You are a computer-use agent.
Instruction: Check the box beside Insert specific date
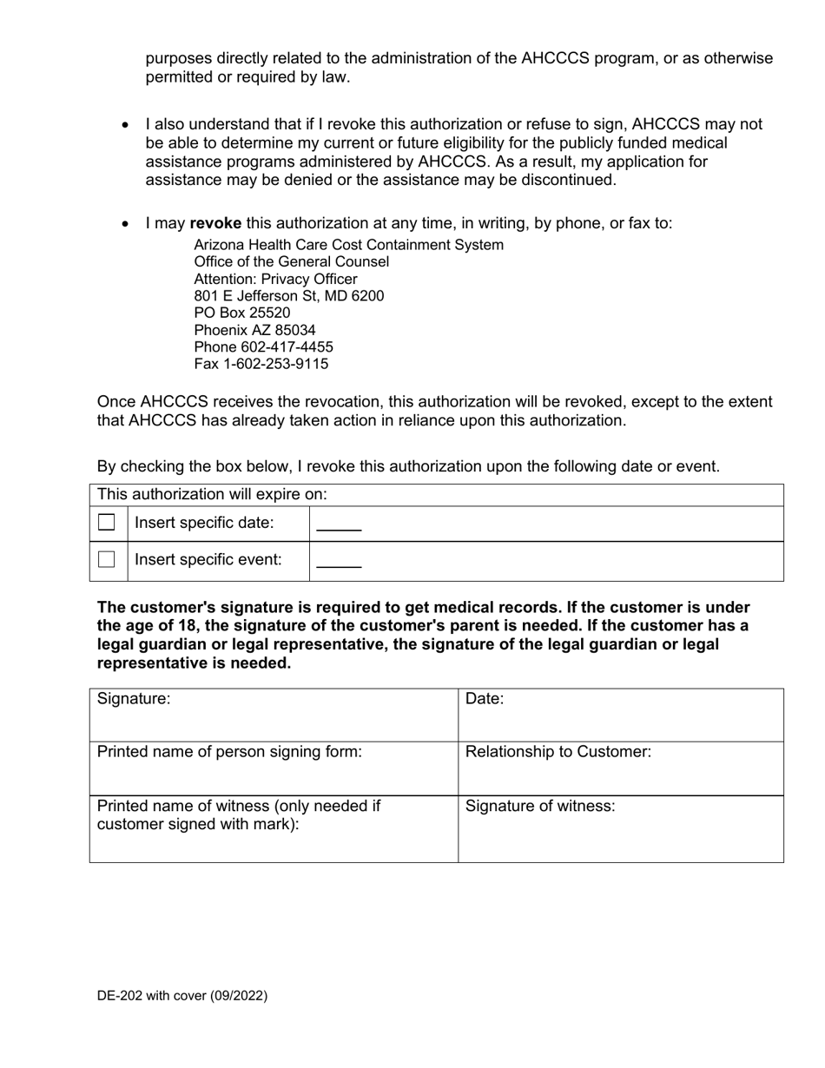pos(107,523)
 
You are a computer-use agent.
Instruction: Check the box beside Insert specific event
pos(107,560)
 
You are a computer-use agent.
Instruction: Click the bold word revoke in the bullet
pos(215,223)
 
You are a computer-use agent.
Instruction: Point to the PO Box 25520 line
pos(242,313)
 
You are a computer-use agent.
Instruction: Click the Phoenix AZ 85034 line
pos(254,330)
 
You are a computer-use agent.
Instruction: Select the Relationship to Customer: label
pos(558,752)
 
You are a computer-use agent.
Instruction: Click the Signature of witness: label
pos(540,806)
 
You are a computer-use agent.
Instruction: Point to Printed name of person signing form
pos(229,752)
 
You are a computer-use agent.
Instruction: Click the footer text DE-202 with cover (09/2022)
pos(182,996)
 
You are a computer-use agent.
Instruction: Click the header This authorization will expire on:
pos(212,494)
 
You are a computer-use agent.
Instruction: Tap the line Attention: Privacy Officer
pos(275,279)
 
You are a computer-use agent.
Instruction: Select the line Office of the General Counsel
pos(291,261)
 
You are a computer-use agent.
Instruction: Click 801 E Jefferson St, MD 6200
pos(288,295)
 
